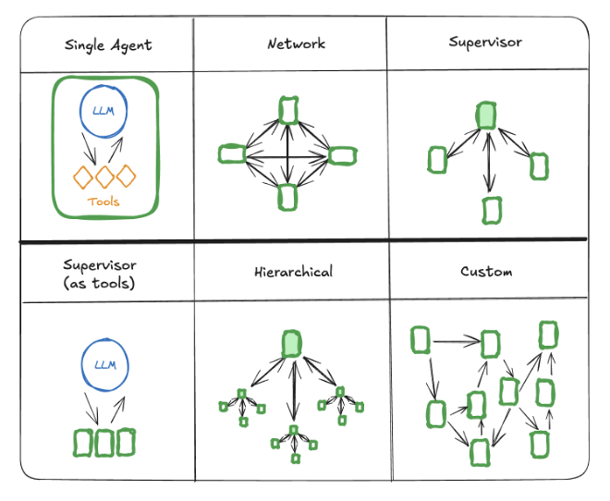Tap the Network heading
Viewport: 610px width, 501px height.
tap(296, 43)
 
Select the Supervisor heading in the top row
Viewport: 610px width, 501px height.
tap(485, 42)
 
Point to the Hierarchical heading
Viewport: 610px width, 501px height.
tap(293, 272)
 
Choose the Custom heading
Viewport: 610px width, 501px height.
tap(486, 272)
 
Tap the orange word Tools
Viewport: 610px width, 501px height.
tap(104, 201)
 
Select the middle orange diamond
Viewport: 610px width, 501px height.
tap(104, 176)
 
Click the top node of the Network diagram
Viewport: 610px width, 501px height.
tap(288, 109)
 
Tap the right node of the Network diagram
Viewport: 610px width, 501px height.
tap(343, 154)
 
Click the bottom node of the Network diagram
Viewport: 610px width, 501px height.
tap(288, 196)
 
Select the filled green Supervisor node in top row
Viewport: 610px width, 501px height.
tap(486, 116)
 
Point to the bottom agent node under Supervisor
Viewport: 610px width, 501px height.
tap(492, 210)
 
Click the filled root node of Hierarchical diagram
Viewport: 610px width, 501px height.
tap(292, 344)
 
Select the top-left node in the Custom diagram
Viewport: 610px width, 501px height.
tap(421, 340)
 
